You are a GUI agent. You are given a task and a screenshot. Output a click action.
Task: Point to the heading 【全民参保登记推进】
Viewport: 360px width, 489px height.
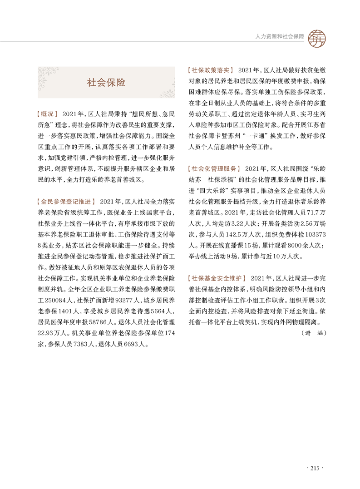65,201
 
